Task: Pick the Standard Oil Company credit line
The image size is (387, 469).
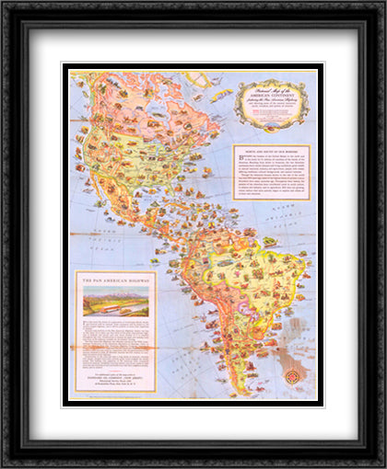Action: click(115, 379)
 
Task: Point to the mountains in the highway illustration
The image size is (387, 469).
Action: click(115, 294)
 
